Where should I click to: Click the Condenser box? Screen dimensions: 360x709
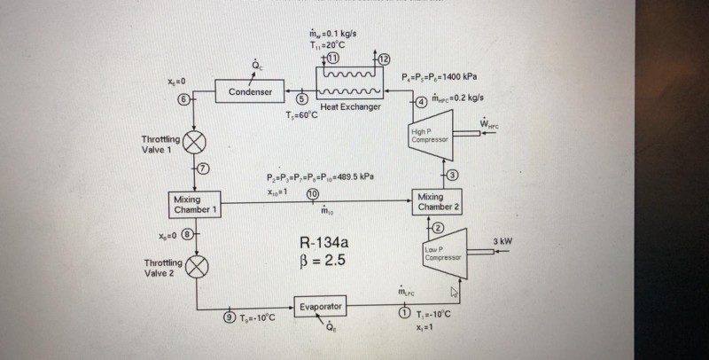(x=250, y=91)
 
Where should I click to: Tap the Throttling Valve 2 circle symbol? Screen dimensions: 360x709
(x=196, y=265)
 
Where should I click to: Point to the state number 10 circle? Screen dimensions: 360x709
(x=312, y=193)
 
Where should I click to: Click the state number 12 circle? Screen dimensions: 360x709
(x=384, y=59)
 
